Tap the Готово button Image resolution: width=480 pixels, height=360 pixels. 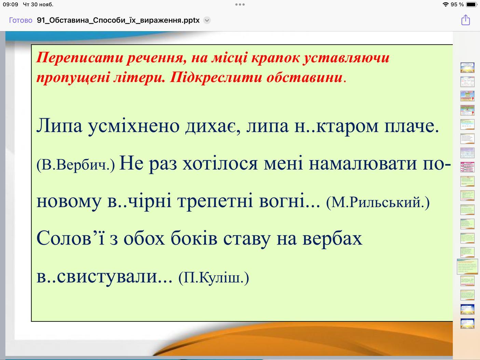[20, 20]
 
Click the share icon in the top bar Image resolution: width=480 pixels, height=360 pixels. [466, 20]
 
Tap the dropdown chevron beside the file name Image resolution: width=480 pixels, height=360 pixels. [207, 20]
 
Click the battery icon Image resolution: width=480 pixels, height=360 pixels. [471, 4]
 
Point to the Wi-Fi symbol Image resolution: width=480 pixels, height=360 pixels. [445, 4]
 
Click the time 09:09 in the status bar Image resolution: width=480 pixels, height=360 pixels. [11, 4]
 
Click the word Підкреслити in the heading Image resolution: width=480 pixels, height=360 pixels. [216, 78]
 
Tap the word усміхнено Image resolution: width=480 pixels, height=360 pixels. [134, 126]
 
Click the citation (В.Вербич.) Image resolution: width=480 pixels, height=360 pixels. [76, 165]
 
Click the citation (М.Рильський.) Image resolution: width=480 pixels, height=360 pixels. [378, 203]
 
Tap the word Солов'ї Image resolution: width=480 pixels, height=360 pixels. [70, 238]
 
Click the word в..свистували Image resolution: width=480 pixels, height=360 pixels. [104, 277]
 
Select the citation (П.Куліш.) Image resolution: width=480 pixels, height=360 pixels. [214, 278]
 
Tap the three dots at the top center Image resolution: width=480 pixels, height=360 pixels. [240, 4]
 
